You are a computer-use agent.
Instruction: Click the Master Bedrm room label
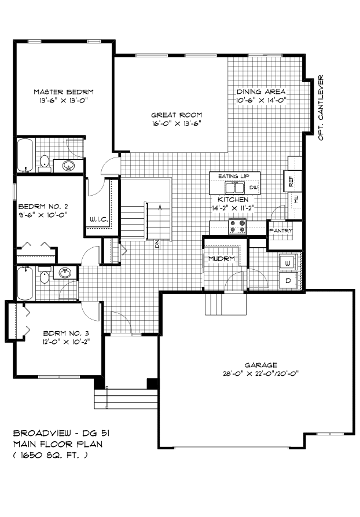[x=64, y=92]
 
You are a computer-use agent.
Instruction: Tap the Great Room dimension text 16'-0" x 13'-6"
[x=177, y=124]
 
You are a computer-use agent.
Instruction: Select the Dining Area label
[x=261, y=91]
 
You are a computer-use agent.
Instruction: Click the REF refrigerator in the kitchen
[x=293, y=181]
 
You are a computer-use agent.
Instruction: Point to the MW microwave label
[x=296, y=199]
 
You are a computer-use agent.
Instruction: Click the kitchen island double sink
[x=234, y=188]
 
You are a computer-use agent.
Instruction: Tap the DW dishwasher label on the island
[x=253, y=188]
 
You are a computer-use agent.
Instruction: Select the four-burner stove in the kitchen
[x=238, y=226]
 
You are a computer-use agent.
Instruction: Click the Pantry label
[x=281, y=231]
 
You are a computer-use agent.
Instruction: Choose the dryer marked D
[x=288, y=281]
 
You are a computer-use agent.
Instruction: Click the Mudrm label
[x=222, y=258]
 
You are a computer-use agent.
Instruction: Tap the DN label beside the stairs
[x=157, y=244]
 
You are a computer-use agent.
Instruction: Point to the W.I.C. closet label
[x=99, y=219]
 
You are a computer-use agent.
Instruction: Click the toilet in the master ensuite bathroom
[x=44, y=163]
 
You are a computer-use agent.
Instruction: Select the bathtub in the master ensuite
[x=25, y=155]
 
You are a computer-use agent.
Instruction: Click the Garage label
[x=261, y=365]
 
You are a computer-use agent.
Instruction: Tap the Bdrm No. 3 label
[x=66, y=333]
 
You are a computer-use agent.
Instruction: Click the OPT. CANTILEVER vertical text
[x=321, y=108]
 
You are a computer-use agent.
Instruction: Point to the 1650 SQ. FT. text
[x=50, y=456]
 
